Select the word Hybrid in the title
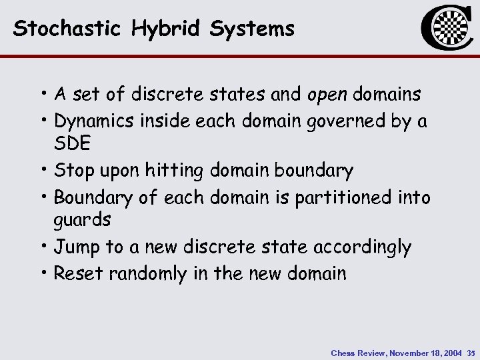(158, 29)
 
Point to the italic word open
(329, 95)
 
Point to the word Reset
(75, 273)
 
